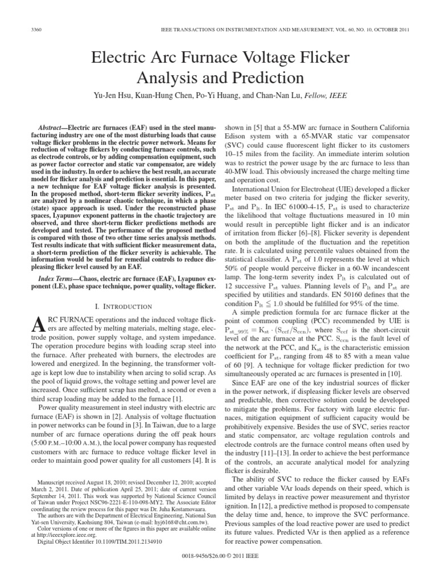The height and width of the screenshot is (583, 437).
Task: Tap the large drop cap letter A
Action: (35, 325)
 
